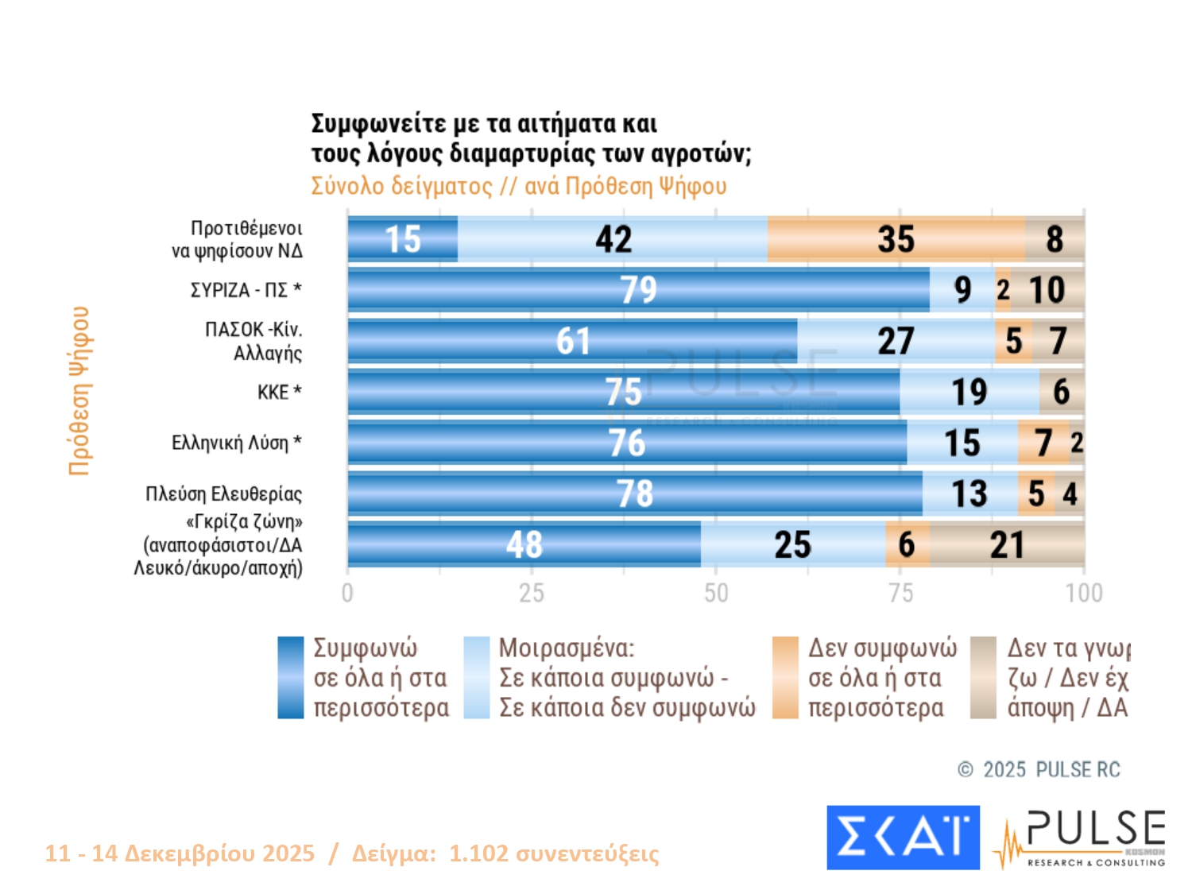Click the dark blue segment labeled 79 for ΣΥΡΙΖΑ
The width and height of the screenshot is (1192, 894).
(638, 289)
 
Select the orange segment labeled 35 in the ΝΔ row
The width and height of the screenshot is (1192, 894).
(896, 239)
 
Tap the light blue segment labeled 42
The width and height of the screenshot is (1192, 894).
(613, 239)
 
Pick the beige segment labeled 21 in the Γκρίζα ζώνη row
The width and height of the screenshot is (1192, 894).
(1007, 545)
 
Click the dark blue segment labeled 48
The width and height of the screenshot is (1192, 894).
(524, 545)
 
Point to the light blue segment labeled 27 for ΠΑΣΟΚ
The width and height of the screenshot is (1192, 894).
(896, 341)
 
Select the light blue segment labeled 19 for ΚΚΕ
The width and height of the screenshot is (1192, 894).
(969, 392)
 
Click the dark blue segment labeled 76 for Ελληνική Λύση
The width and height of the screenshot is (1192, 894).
(627, 443)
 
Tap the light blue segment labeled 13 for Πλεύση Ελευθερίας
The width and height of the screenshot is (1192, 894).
(969, 493)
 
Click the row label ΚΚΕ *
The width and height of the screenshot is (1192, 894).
(279, 392)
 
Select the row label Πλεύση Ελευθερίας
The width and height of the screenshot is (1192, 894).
(223, 494)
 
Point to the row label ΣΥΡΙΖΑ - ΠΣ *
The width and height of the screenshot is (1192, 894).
(246, 290)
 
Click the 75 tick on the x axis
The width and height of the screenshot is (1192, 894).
(900, 593)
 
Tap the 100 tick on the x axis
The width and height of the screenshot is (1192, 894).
(1084, 593)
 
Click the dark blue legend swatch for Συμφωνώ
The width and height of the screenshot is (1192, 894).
(290, 677)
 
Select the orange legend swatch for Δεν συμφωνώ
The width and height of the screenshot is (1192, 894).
(785, 677)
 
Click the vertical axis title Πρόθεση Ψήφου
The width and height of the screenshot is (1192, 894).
(79, 390)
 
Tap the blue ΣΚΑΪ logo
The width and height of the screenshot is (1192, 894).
(903, 838)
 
